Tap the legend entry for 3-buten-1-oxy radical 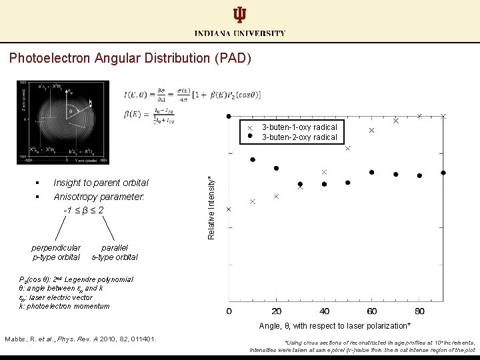pos(299,127)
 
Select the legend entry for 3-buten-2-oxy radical pos(299,137)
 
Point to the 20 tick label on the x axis pos(277,311)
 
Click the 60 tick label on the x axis pos(371,311)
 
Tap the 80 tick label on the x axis pos(419,311)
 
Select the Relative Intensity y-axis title pos(211,207)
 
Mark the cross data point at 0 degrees pos(229,209)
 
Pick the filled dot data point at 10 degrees pos(253,159)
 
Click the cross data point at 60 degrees pos(372,131)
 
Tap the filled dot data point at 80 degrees pos(419,175)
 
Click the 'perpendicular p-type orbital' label pos(57,252)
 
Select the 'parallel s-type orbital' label pos(114,252)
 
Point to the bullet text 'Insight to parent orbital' pos(101,183)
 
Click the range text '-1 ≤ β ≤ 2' pos(83,210)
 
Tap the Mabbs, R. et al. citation pos(81,339)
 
